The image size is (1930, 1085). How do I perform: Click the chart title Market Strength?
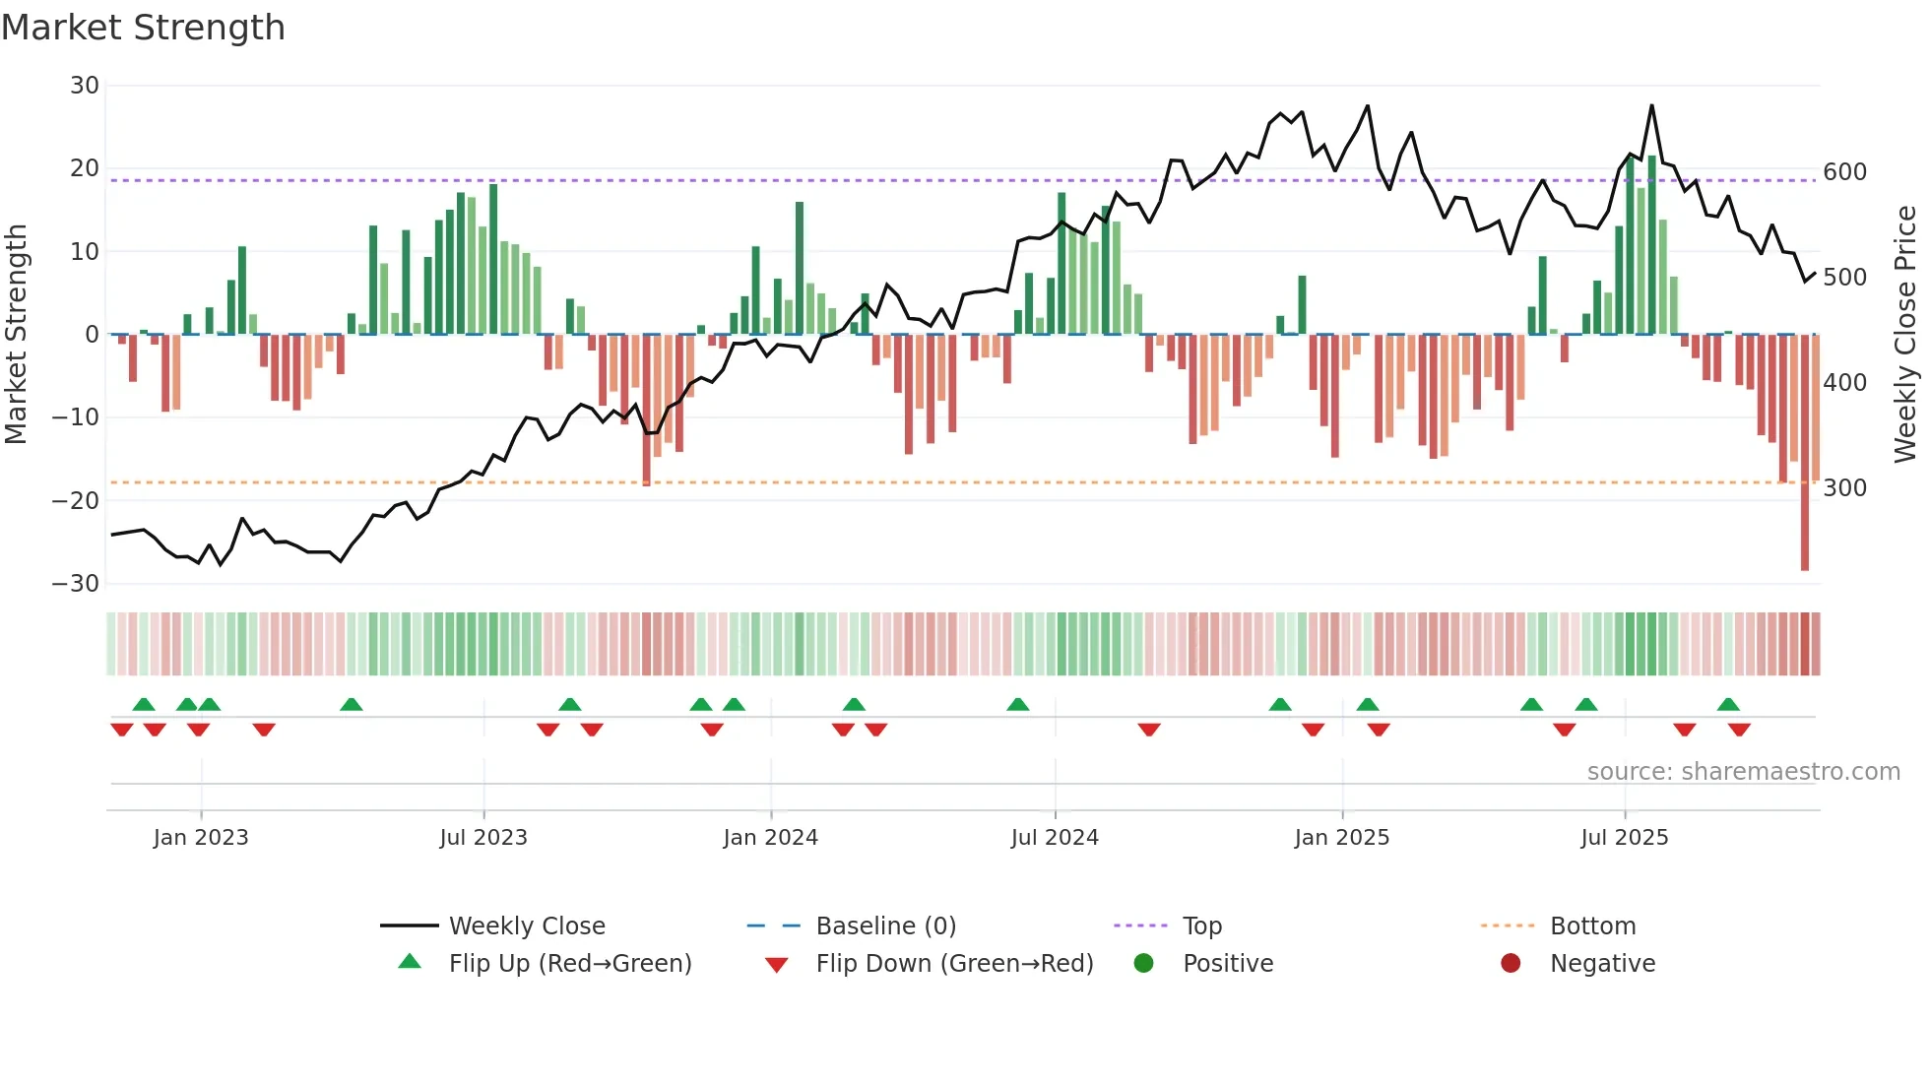click(x=143, y=28)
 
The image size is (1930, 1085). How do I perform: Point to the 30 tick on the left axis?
click(x=85, y=86)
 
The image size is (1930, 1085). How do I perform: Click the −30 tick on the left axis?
click(x=76, y=584)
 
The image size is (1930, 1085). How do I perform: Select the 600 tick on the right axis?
click(x=1844, y=172)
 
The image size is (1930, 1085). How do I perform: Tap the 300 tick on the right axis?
click(x=1844, y=488)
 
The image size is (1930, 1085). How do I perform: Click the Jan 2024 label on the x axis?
click(x=770, y=838)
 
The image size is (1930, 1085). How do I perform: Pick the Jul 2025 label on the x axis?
click(x=1624, y=838)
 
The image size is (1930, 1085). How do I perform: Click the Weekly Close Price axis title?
click(x=1905, y=334)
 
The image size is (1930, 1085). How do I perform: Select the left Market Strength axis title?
click(x=17, y=334)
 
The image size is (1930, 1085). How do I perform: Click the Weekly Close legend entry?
click(x=526, y=926)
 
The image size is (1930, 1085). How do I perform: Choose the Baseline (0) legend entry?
click(x=885, y=926)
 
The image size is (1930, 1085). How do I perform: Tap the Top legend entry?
click(x=1201, y=926)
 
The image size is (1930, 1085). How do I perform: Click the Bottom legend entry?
click(x=1592, y=926)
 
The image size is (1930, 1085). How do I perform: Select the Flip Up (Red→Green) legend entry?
click(x=569, y=964)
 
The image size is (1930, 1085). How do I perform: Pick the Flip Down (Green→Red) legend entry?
click(x=953, y=964)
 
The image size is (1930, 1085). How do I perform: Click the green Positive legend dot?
click(x=1143, y=964)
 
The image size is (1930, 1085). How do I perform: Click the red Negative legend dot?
click(x=1511, y=964)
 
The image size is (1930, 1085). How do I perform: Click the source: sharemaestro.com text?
click(x=1743, y=772)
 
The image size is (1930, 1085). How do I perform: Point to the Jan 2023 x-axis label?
click(x=201, y=838)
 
